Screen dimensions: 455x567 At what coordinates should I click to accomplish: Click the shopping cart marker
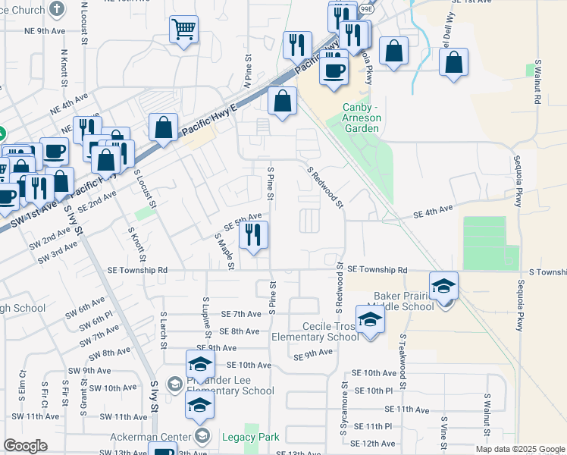click(x=184, y=31)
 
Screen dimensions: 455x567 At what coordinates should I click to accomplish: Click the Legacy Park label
click(x=251, y=437)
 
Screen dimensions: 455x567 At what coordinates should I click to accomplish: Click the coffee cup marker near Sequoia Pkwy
click(x=334, y=71)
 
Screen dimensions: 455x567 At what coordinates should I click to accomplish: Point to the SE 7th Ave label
click(x=240, y=314)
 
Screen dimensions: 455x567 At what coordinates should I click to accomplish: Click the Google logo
click(x=26, y=446)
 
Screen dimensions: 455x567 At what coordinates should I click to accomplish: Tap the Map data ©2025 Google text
click(x=519, y=449)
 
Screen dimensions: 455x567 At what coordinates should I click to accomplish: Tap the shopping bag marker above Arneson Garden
click(x=282, y=102)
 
